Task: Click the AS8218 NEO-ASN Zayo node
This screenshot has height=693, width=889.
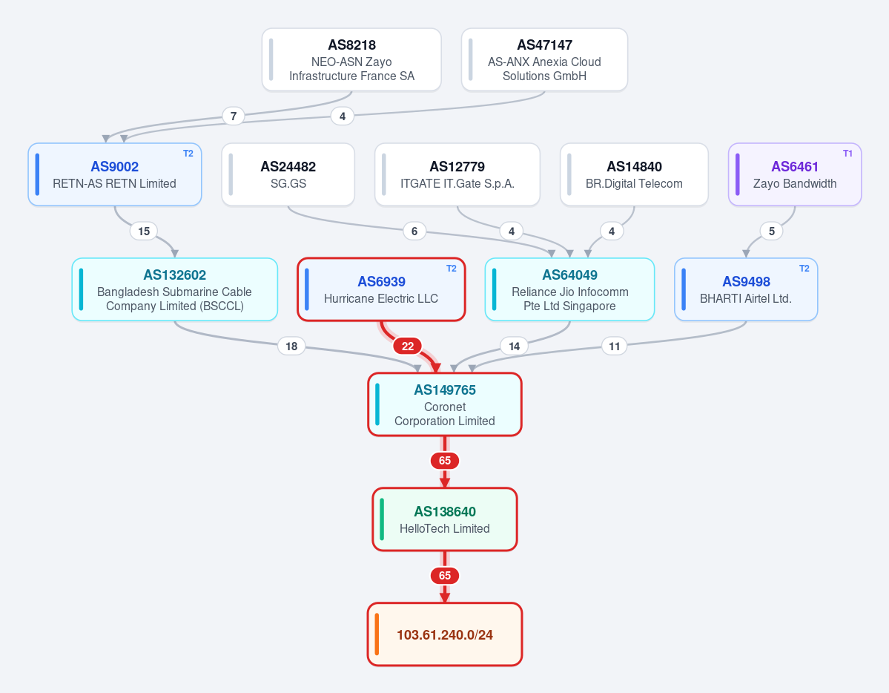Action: (x=351, y=59)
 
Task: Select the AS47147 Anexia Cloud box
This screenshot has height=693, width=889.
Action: (x=544, y=59)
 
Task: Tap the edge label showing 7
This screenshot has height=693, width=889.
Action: (x=234, y=116)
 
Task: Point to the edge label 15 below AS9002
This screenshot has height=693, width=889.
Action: (x=144, y=231)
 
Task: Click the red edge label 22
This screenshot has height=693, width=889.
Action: (x=408, y=346)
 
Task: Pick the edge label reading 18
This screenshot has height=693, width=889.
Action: (x=291, y=346)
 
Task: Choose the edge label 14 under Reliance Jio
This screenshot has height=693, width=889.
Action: (x=515, y=346)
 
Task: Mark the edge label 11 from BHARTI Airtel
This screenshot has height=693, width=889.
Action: (x=615, y=346)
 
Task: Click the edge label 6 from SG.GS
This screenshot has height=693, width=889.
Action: (x=414, y=231)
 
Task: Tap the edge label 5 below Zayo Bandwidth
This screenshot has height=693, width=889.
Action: (x=772, y=231)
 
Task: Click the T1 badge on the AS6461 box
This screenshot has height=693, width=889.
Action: (x=847, y=154)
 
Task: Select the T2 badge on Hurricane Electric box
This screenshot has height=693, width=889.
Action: (x=452, y=269)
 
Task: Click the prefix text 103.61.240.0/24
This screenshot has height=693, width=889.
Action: (x=445, y=634)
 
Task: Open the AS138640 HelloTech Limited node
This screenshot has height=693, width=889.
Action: (x=445, y=519)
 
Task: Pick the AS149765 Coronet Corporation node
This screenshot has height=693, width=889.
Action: (x=445, y=404)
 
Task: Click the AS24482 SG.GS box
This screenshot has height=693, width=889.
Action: (x=288, y=174)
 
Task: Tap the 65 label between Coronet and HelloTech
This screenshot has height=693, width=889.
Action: (x=445, y=460)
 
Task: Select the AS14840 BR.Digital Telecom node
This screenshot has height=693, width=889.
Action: (x=634, y=174)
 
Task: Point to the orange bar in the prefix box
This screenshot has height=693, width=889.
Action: (x=377, y=634)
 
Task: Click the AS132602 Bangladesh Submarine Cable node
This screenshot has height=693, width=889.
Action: (x=175, y=289)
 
